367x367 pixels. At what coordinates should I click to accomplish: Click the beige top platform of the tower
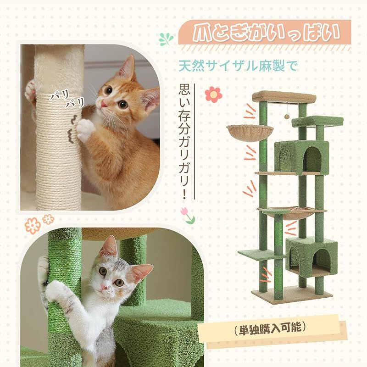pos(284,97)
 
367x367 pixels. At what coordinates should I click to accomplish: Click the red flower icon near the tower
pos(213,94)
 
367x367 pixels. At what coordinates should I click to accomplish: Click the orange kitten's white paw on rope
pos(85,129)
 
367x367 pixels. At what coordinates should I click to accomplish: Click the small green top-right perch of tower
pos(317,121)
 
